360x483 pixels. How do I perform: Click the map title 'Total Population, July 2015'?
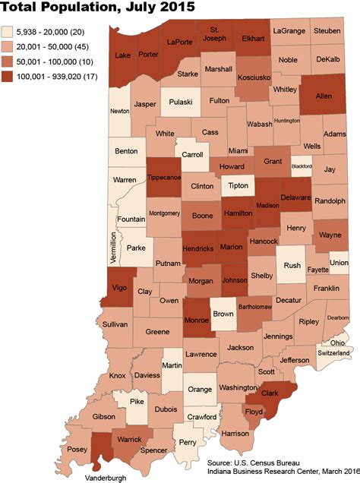point(98,8)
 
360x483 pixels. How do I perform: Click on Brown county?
point(223,312)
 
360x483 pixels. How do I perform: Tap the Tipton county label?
point(236,185)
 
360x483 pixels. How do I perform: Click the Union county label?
point(339,263)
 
